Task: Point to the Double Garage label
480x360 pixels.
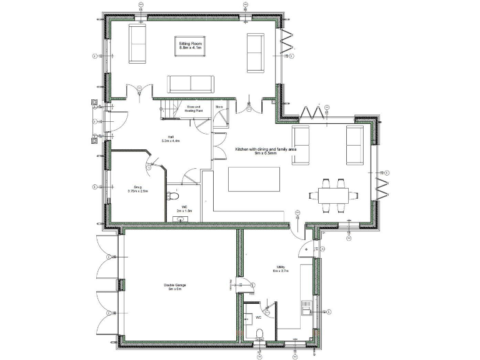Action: [x=176, y=287]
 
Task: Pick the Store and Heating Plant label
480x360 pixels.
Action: [x=194, y=109]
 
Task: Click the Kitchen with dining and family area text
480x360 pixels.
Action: [x=266, y=152]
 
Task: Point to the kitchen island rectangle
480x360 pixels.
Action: [x=249, y=179]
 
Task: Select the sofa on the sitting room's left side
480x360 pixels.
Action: [x=138, y=47]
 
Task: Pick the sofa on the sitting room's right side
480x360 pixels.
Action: [x=255, y=52]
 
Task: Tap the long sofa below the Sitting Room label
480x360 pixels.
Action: [x=190, y=84]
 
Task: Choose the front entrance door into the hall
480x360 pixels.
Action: [x=118, y=120]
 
